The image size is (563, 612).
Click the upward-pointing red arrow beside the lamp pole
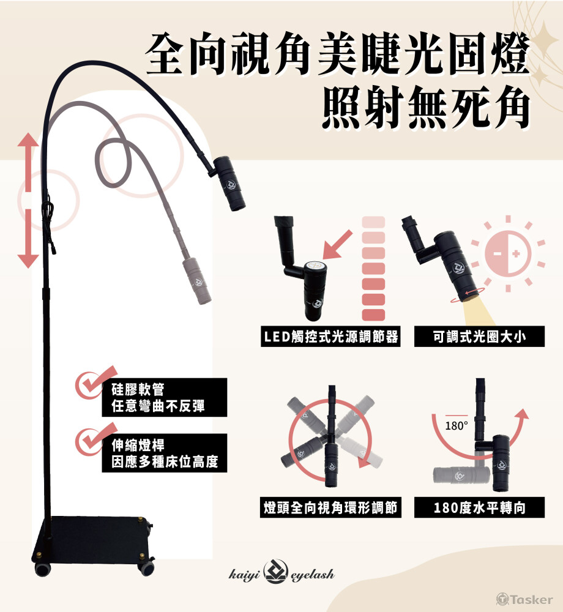[x=28, y=162]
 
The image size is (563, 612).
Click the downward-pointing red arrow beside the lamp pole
[x=28, y=238]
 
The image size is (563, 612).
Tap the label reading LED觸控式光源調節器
[x=331, y=337]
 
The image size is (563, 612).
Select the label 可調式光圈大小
[x=479, y=337]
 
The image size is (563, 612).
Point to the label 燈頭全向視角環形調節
[x=330, y=507]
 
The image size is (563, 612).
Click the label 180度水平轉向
[x=479, y=507]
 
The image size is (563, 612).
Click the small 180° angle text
[x=456, y=426]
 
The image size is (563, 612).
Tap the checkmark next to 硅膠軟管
[x=95, y=383]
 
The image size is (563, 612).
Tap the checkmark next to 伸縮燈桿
[x=95, y=439]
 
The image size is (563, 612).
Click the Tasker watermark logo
[x=524, y=599]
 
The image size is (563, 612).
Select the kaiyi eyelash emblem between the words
[x=276, y=572]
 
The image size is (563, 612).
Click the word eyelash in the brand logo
[x=313, y=575]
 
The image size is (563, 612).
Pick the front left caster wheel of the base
[x=42, y=569]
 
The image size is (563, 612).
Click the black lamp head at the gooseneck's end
[x=230, y=184]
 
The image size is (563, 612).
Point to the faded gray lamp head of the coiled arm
[x=198, y=280]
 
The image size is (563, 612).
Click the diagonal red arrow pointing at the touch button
[x=338, y=245]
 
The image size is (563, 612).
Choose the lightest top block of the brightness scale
[x=373, y=222]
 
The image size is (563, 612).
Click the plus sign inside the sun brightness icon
[x=516, y=254]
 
